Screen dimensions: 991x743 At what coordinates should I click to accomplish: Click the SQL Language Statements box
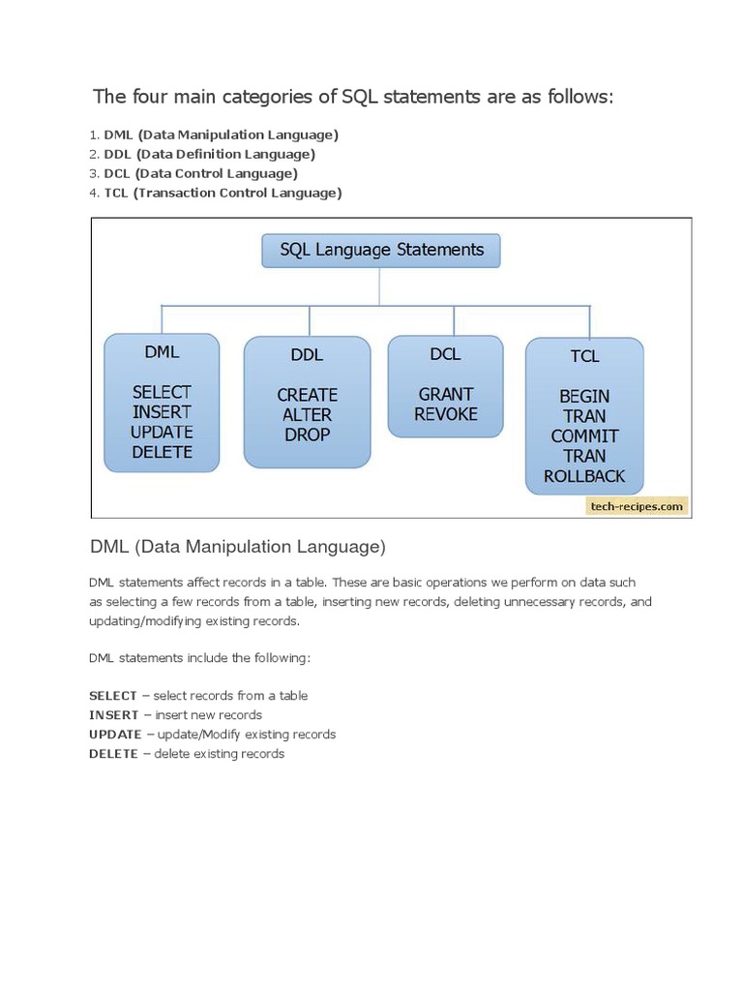click(381, 250)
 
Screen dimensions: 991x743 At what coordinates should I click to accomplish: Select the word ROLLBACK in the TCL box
click(584, 476)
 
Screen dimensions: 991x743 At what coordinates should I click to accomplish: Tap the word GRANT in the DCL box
click(446, 394)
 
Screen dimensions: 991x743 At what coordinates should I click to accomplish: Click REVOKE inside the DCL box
click(446, 414)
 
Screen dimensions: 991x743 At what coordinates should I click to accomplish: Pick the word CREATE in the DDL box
click(308, 395)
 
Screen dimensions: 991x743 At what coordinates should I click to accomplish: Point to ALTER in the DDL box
click(308, 415)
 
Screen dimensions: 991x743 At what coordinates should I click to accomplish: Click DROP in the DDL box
click(308, 435)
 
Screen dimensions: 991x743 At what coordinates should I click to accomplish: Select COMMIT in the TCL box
click(584, 435)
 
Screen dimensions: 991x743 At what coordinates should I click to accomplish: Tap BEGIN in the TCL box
click(584, 396)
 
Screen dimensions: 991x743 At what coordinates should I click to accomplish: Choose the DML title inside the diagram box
click(163, 352)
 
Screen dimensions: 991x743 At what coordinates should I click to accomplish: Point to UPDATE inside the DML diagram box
click(163, 432)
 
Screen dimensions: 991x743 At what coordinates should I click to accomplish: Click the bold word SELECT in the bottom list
click(113, 696)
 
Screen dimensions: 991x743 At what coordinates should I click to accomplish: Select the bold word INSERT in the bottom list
click(113, 715)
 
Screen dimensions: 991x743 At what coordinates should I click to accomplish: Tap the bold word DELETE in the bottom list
click(113, 754)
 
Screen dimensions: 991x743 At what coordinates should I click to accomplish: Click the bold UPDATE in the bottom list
click(115, 735)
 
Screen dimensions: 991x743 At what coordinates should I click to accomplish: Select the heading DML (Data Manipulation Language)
click(237, 547)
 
